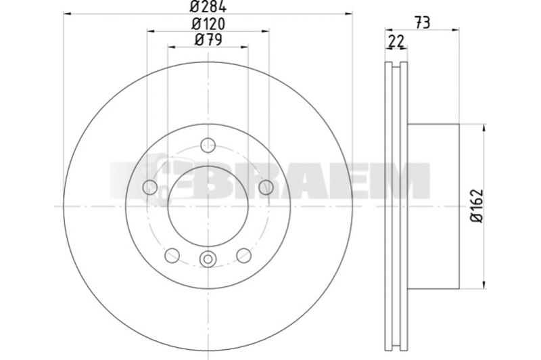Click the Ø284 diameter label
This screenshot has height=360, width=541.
[x=208, y=6]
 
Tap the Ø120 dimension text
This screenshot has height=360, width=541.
[x=208, y=24]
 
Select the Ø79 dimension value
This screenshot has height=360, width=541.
[x=208, y=40]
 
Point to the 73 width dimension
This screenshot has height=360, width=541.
[x=422, y=23]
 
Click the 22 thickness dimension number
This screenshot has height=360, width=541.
[x=396, y=42]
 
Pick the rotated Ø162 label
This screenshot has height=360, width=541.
[x=477, y=206]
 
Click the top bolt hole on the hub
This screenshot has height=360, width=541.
[x=208, y=145]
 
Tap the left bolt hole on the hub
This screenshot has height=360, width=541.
[x=150, y=187]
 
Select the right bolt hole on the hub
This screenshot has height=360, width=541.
[x=266, y=187]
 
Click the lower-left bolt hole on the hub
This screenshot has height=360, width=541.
[x=172, y=255]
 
